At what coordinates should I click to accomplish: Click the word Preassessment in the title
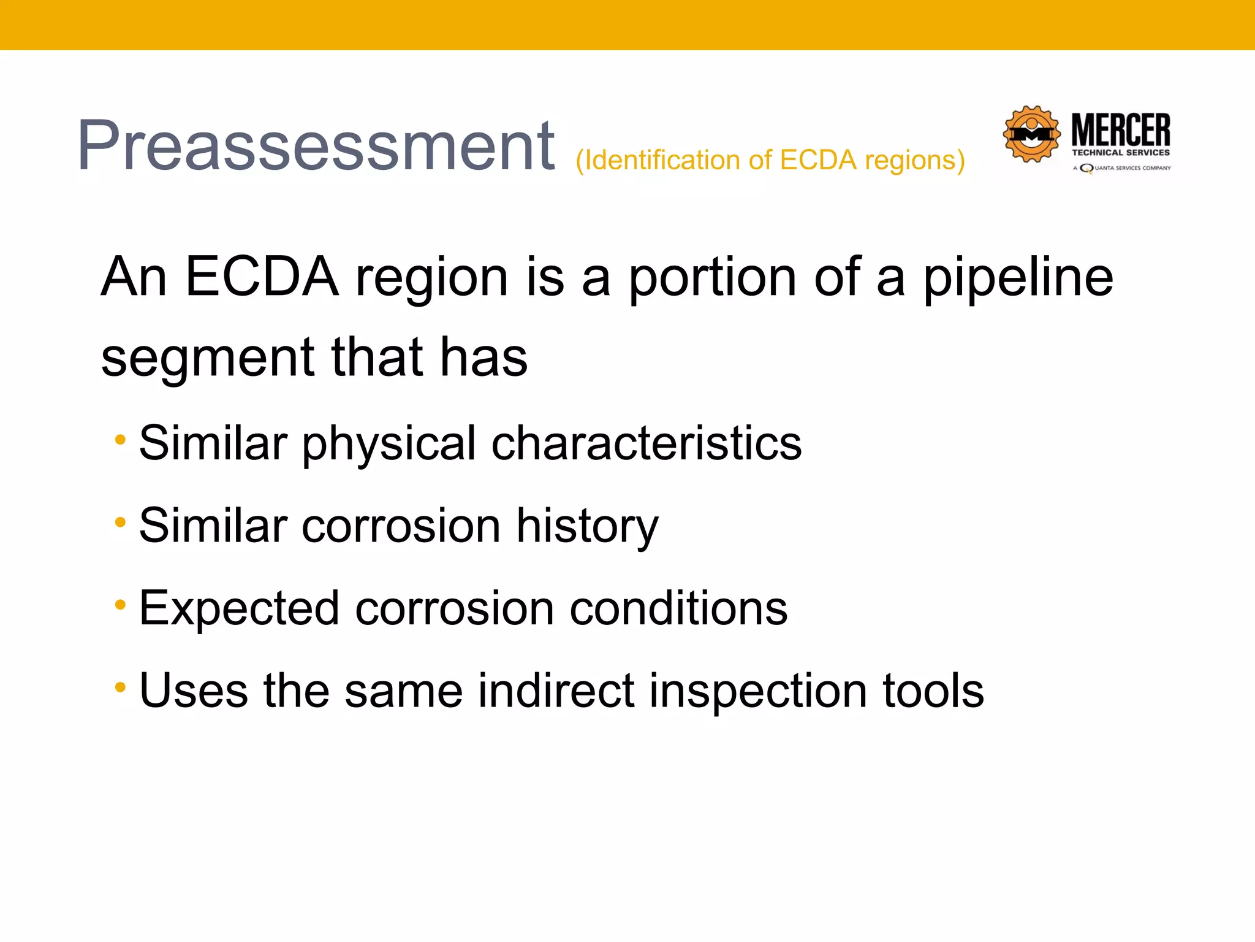[x=316, y=146]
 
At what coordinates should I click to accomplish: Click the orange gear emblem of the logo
[x=1031, y=134]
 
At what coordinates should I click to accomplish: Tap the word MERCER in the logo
[x=1120, y=130]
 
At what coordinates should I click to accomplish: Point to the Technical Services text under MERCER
[x=1120, y=153]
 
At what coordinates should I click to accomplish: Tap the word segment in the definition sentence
[x=207, y=358]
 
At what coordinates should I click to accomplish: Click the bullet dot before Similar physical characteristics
[x=120, y=440]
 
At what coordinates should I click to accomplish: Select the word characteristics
[x=646, y=443]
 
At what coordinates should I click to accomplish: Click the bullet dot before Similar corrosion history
[x=120, y=523]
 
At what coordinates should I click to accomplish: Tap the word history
[x=587, y=526]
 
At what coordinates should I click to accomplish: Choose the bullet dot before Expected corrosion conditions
[x=120, y=605]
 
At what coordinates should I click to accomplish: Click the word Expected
[x=239, y=608]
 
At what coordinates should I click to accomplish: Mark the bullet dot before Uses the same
[x=120, y=687]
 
